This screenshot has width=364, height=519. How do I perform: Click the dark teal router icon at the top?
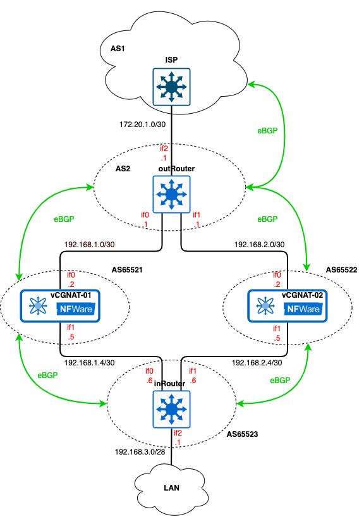[171, 87]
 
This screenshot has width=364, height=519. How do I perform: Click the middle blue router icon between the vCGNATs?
[171, 194]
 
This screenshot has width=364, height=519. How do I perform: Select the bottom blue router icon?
[171, 408]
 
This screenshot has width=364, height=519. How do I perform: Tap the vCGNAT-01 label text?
[75, 295]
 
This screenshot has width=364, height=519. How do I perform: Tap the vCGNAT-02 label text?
[303, 295]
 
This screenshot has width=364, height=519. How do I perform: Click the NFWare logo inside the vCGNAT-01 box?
[76, 309]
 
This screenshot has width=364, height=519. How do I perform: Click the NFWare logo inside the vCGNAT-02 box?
[303, 309]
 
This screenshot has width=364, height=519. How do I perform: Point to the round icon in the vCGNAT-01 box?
[39, 307]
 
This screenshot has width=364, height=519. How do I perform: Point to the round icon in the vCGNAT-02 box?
[266, 307]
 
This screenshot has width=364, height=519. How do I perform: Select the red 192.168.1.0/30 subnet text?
[89, 244]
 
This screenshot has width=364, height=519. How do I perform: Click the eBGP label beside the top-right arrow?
[267, 131]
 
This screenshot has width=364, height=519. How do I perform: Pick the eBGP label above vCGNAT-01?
[64, 219]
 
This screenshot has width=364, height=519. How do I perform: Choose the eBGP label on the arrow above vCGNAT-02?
[267, 219]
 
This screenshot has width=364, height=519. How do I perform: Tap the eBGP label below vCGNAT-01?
[47, 375]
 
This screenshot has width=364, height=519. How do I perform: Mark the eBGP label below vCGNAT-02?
[280, 381]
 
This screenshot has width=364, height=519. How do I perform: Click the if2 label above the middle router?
[164, 149]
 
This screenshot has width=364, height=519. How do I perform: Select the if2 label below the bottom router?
[178, 433]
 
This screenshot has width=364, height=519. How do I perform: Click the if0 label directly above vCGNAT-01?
[71, 275]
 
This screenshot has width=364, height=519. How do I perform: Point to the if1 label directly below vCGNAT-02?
[277, 328]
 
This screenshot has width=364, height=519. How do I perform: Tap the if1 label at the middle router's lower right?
[197, 215]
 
